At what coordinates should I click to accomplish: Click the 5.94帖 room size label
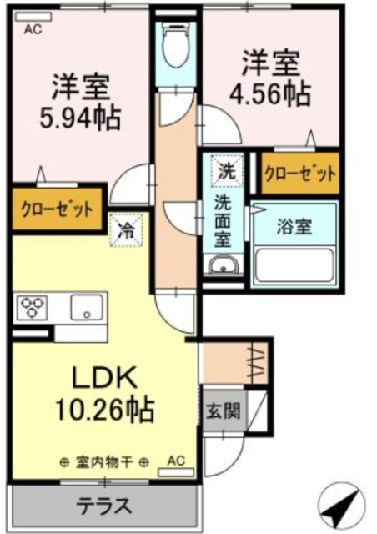coord(81,116)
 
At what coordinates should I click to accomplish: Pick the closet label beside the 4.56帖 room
coord(300,174)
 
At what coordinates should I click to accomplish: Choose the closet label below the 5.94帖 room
coord(52,209)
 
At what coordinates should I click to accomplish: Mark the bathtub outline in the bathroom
coord(296,262)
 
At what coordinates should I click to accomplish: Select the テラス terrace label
coord(105,506)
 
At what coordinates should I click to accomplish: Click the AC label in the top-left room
coord(33,28)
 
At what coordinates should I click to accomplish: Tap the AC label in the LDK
coord(176,461)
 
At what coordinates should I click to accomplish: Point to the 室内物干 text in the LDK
coord(105,461)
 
